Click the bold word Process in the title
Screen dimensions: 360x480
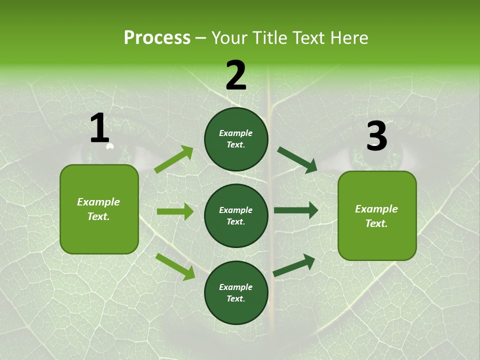tap(157, 37)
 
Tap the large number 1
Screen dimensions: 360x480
tap(99, 128)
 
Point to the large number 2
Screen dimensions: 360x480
tap(236, 75)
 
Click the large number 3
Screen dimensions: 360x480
tap(376, 136)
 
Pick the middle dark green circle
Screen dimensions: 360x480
tap(236, 215)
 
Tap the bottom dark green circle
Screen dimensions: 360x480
tap(236, 292)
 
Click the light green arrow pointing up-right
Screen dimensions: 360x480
tap(174, 159)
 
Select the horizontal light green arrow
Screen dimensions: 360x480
tap(175, 211)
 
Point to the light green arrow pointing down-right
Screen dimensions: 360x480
tap(175, 266)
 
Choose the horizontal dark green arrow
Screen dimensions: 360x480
tap(296, 210)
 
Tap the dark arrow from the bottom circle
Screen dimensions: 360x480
tap(294, 265)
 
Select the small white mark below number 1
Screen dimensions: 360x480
tap(110, 146)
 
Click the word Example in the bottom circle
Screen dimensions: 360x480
tap(236, 287)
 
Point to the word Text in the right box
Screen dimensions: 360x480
tap(376, 223)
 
